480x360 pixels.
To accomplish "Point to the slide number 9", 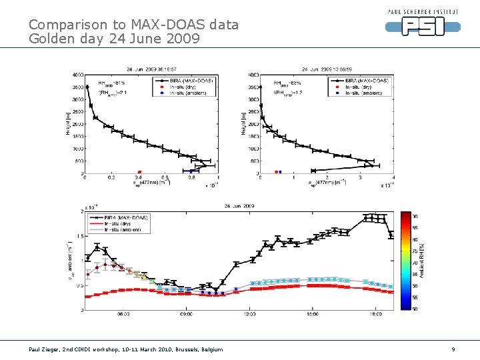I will pos(453,349).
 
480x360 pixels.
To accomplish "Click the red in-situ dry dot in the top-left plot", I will pos(139,172).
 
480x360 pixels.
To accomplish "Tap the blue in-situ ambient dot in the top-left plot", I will pos(191,172).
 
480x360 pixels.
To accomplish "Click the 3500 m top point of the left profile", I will pos(87,87).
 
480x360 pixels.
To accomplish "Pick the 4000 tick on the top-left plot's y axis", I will pos(77,75).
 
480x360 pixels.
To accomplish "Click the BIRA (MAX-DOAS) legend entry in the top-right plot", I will pos(365,81).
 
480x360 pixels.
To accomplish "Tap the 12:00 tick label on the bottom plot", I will pos(249,315).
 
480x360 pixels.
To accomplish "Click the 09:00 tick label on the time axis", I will pos(186,315).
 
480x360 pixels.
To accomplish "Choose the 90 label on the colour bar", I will pos(415,216).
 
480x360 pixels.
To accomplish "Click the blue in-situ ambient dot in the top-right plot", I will pos(280,172).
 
